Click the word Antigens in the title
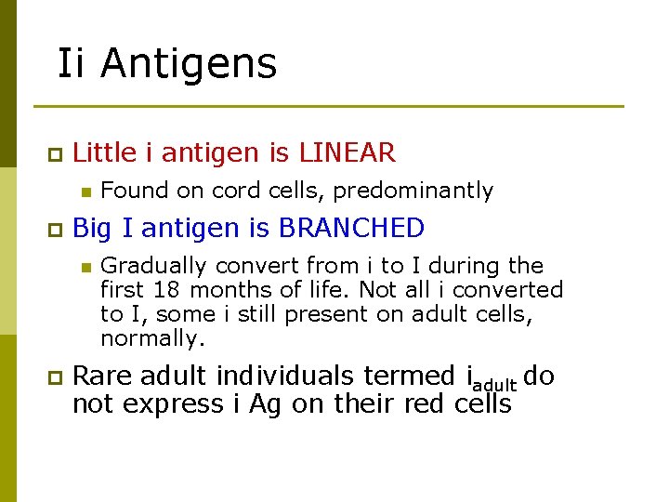[188, 64]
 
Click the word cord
[237, 191]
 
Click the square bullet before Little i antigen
[55, 153]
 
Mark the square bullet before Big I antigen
[55, 229]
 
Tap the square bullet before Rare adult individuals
[55, 377]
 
